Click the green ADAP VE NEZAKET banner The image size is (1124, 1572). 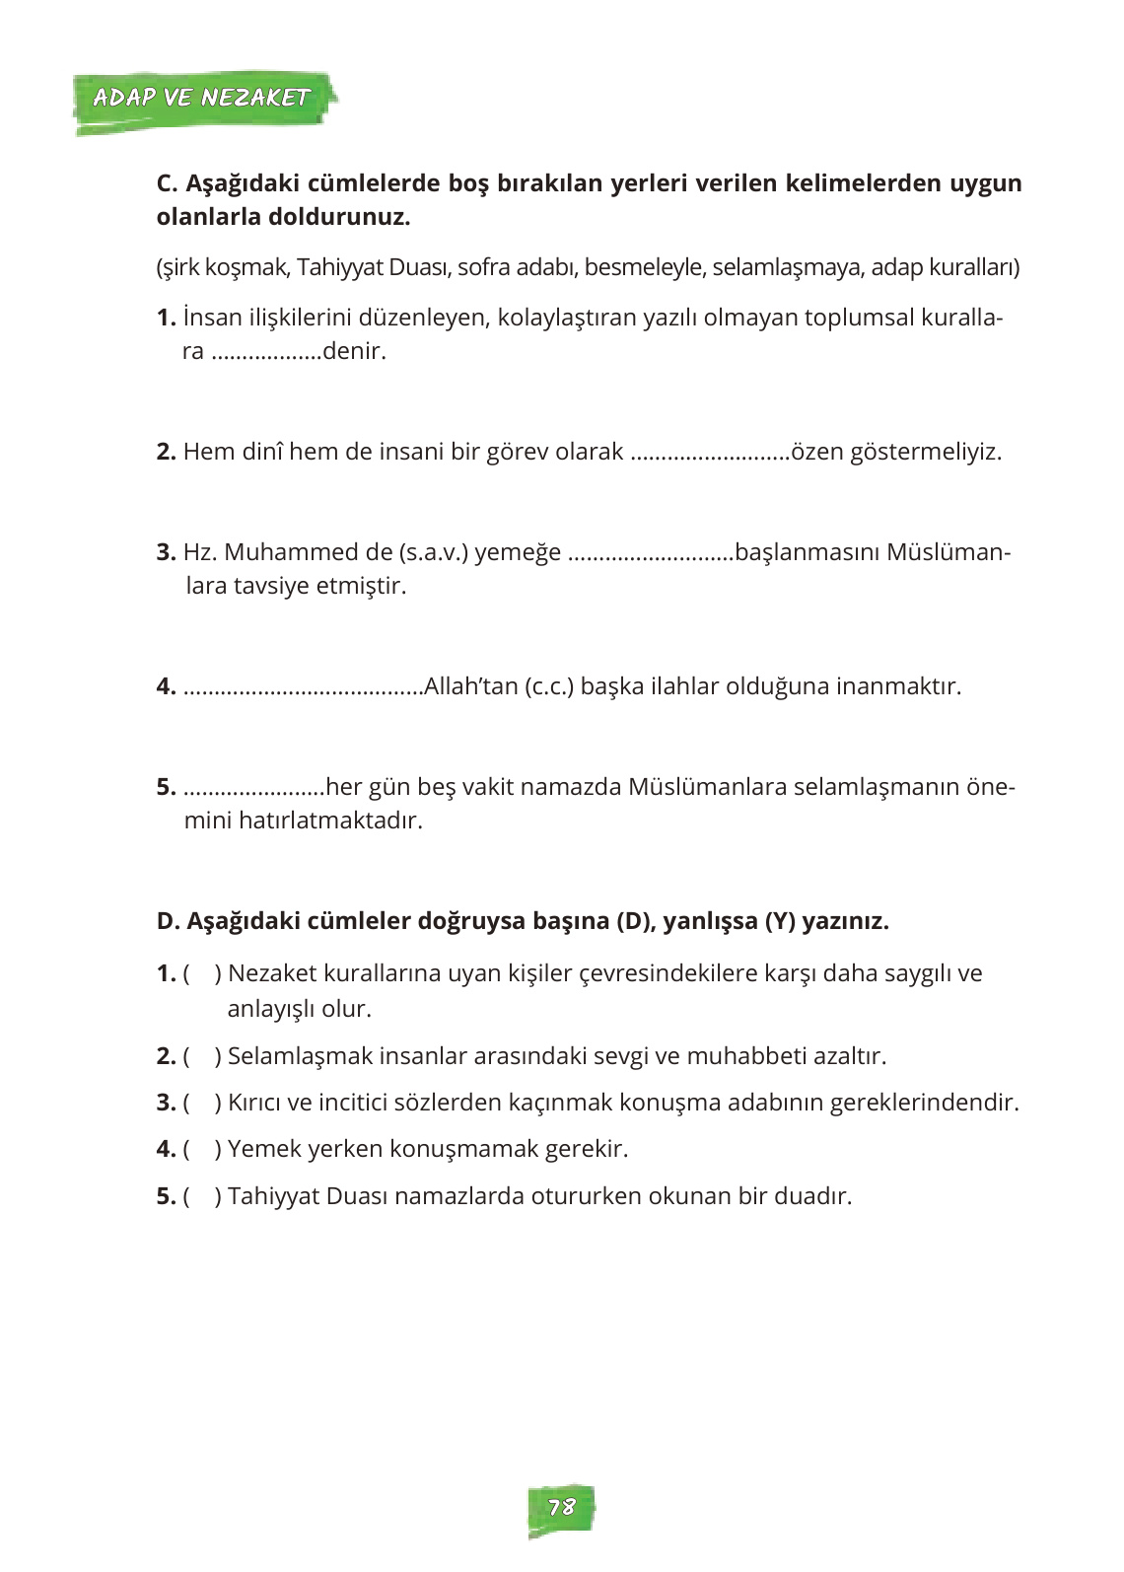point(202,98)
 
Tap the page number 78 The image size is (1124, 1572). point(561,1507)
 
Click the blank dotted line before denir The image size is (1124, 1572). point(266,353)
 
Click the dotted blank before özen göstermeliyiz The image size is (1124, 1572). point(710,454)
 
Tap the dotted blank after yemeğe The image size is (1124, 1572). point(651,554)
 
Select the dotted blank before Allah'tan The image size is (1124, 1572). point(303,688)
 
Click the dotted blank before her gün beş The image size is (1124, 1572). point(253,789)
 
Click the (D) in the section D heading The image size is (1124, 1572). point(635,921)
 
